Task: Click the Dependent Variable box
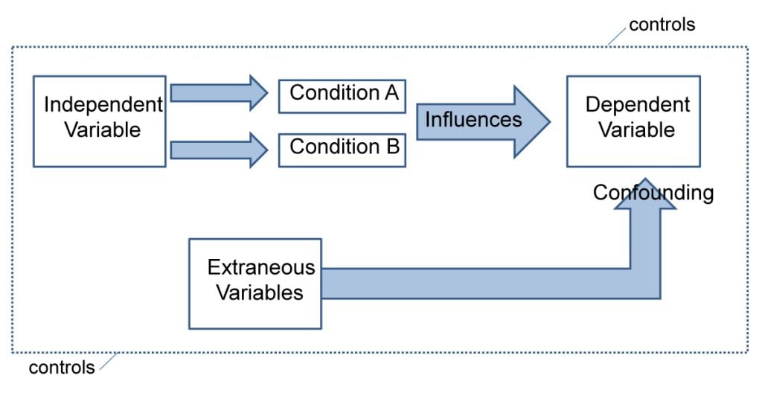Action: (x=633, y=121)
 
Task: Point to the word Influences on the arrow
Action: (x=473, y=120)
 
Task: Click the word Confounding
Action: (x=653, y=194)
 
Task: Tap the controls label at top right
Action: (x=662, y=25)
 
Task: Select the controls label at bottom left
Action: (x=62, y=367)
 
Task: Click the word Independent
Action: (x=103, y=105)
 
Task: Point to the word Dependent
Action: (x=637, y=105)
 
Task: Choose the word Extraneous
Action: (x=260, y=268)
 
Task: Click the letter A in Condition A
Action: (x=391, y=93)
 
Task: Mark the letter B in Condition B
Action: (x=392, y=147)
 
